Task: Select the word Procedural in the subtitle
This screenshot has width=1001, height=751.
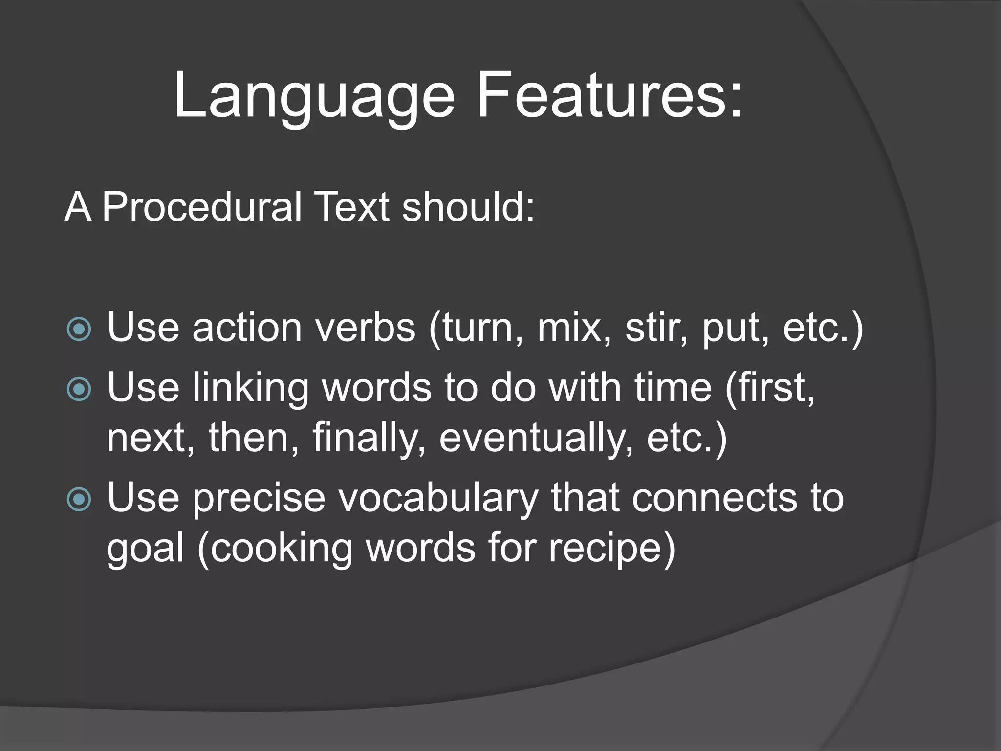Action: point(201,207)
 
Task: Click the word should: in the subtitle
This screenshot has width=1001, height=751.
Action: point(468,207)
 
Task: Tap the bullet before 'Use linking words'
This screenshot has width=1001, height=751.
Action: point(79,389)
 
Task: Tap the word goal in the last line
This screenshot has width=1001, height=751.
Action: point(145,549)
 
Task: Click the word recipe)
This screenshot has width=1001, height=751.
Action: point(611,549)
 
